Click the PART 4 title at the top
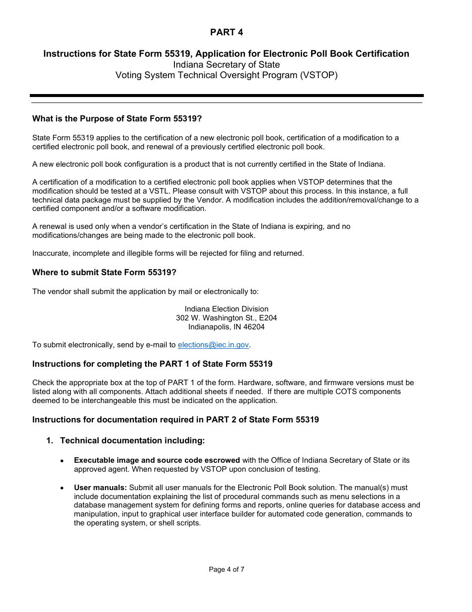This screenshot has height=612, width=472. [x=227, y=32]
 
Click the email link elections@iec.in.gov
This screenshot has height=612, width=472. [x=213, y=345]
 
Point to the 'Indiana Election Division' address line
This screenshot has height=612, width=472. [x=227, y=309]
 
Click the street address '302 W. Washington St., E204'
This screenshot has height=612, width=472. [x=227, y=318]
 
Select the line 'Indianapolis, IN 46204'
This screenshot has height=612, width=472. [x=227, y=327]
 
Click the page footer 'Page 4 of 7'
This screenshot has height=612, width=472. [x=227, y=569]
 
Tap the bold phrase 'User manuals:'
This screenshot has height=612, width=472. [x=100, y=488]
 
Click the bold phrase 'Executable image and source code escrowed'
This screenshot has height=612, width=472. [x=157, y=460]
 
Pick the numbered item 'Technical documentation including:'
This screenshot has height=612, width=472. [x=132, y=440]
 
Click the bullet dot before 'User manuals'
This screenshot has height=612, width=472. [x=62, y=489]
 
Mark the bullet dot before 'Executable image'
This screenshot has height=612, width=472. [x=62, y=461]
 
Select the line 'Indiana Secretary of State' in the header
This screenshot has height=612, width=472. [x=227, y=65]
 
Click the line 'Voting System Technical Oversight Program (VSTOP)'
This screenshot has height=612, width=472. [x=227, y=75]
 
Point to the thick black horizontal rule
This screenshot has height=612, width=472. [x=227, y=96]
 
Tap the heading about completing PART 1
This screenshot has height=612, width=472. [x=153, y=364]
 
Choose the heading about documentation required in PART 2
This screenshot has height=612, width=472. [x=175, y=419]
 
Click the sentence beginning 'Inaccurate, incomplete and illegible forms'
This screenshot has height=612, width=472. [x=168, y=253]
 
